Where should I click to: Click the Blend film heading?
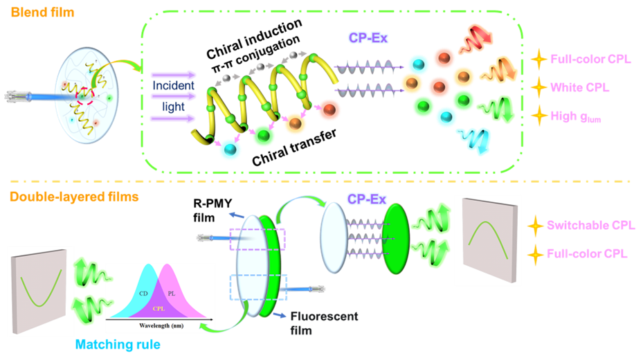42,12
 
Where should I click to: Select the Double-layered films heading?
74,197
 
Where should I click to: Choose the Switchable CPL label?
590,225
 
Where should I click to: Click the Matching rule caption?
117,344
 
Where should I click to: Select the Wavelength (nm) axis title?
160,323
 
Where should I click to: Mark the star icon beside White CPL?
538,87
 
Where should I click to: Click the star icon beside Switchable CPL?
534,226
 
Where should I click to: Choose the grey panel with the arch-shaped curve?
487,239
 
